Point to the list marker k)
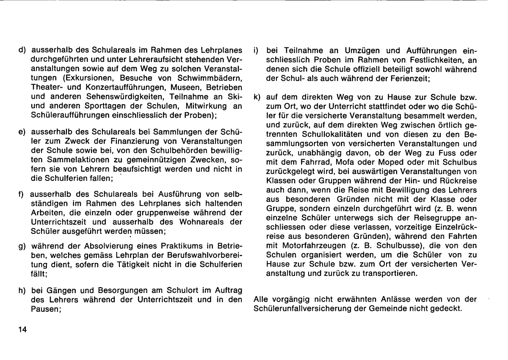click(x=256, y=97)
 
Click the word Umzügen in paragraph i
click(x=337, y=49)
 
